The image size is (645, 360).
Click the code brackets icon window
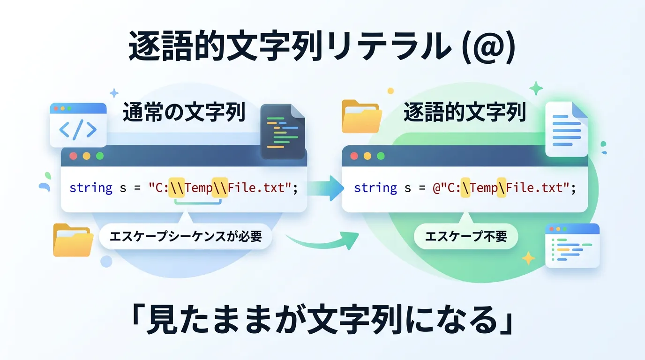point(78,125)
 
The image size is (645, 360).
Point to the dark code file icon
point(283,131)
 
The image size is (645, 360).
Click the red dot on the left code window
point(74,156)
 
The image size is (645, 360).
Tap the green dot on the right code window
point(381,156)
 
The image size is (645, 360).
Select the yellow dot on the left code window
point(87,156)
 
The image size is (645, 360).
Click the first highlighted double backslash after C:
point(177,188)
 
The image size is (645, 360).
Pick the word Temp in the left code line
point(198,188)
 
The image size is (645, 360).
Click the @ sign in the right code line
point(436,188)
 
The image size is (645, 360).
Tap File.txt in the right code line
point(534,188)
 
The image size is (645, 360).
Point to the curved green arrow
point(322,242)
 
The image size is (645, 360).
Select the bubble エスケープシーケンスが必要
point(186,236)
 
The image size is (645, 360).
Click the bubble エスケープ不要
point(466,236)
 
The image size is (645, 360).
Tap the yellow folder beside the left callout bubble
point(73,240)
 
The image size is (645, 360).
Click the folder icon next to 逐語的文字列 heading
point(362,116)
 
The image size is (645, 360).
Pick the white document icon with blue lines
point(566,129)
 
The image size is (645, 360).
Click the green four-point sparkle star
point(536,88)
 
